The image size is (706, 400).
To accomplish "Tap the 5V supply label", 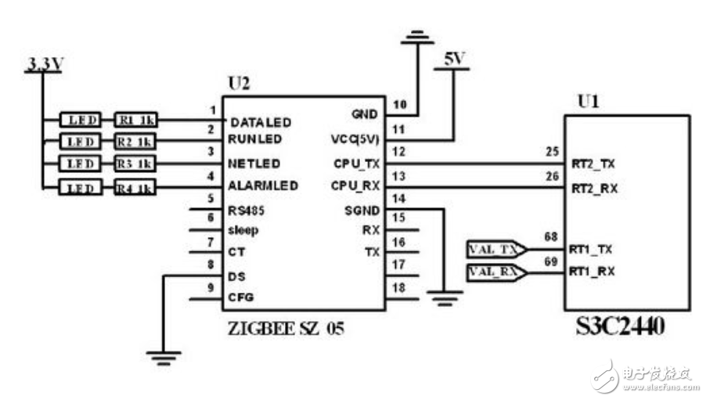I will pos(454,59).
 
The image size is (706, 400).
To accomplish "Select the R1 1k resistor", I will pos(135,121).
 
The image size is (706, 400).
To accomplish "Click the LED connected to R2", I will pos(80,142).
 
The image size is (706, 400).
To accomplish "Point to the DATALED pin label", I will pos(261,123).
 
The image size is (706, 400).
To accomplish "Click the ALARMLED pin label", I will pos(263,186).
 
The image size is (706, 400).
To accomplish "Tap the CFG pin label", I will pos(241,297).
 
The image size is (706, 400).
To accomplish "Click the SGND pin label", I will pos(362,210).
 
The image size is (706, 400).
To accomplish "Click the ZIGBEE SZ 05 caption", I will pos(285,329).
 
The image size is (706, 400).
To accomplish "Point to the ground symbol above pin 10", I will pos(416,37).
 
